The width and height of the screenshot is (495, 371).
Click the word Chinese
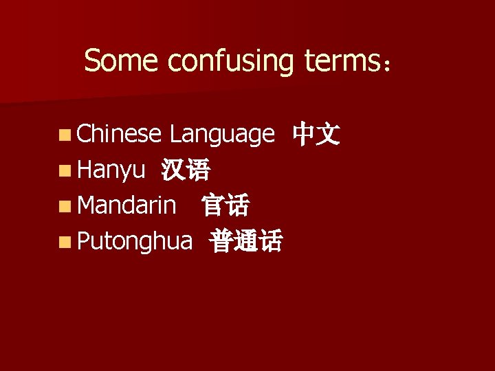tap(119, 134)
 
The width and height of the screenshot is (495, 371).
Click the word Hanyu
tap(111, 170)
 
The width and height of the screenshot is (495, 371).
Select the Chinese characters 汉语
tap(186, 170)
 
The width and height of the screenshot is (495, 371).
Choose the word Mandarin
tap(126, 205)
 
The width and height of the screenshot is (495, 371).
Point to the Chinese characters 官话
tap(225, 205)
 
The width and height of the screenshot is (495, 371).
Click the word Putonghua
tap(134, 240)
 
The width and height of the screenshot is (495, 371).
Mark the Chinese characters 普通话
tap(246, 240)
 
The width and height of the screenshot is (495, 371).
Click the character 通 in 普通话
tap(246, 240)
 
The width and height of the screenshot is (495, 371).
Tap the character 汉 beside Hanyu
tap(173, 170)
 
